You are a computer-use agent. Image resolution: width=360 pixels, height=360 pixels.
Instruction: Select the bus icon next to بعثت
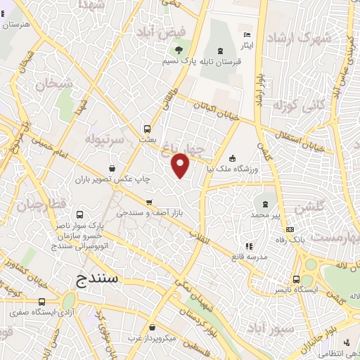[x=148, y=129]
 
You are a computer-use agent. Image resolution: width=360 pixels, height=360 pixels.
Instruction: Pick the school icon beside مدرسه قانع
[x=249, y=246]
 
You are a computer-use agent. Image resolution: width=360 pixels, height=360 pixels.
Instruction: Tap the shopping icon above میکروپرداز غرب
[x=153, y=326]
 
